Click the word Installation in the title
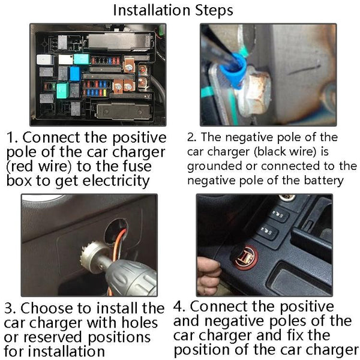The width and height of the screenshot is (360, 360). (152, 10)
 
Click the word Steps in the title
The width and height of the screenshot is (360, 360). (214, 11)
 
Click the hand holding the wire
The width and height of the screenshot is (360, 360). (208, 275)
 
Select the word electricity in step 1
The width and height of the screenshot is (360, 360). (116, 181)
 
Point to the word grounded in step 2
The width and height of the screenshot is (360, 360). (214, 167)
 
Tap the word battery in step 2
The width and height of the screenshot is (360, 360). (324, 181)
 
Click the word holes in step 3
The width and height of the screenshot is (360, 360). (140, 323)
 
